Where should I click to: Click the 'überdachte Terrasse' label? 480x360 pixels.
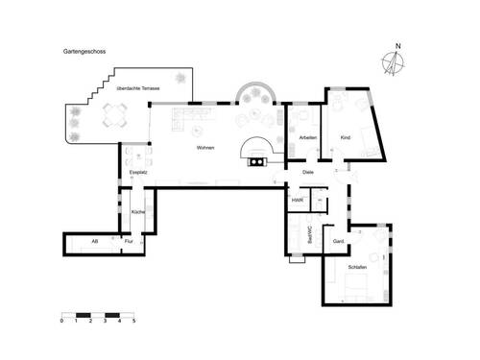pos(138,88)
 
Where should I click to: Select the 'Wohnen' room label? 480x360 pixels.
pos(205,148)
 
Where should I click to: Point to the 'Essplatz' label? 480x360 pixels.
pos(137,173)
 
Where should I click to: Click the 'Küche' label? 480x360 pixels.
pos(137,211)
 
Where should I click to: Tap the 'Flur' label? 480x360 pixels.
pos(129,241)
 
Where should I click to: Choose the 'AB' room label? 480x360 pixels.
pos(94,241)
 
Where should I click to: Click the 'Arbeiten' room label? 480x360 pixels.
pos(307,138)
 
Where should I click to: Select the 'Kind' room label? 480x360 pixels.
pos(346,138)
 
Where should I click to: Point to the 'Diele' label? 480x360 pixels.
pos(308,173)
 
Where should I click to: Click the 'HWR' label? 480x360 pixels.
pos(298,201)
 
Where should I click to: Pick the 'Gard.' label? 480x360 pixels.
pos(338,241)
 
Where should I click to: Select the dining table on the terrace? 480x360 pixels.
pos(113,118)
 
